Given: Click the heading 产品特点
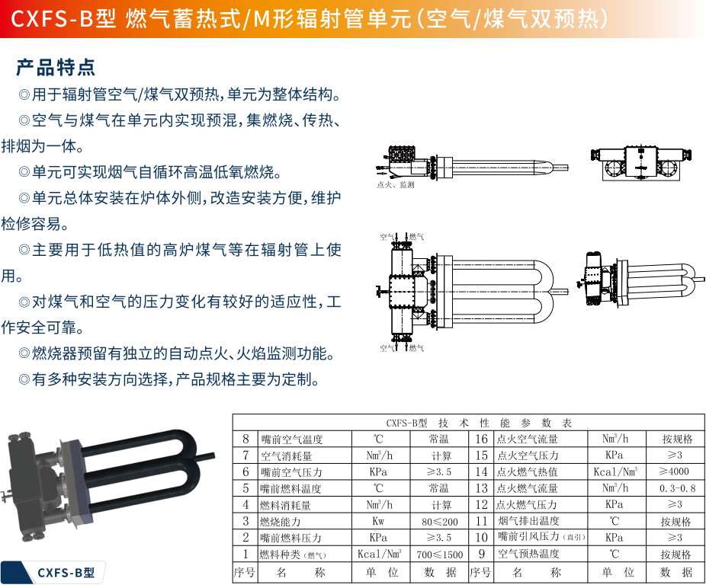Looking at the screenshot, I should [x=56, y=67].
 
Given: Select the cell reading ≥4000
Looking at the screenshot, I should [x=673, y=471].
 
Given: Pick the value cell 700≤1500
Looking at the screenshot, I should [x=441, y=554].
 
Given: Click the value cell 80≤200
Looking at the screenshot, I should [x=441, y=522].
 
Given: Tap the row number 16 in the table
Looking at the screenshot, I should [x=481, y=439].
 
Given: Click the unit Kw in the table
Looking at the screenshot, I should [x=379, y=522].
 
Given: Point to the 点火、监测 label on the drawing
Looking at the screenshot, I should [x=396, y=184].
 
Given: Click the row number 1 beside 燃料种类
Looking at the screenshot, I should [x=245, y=554].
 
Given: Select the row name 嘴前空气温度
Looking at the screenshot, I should [x=291, y=439].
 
